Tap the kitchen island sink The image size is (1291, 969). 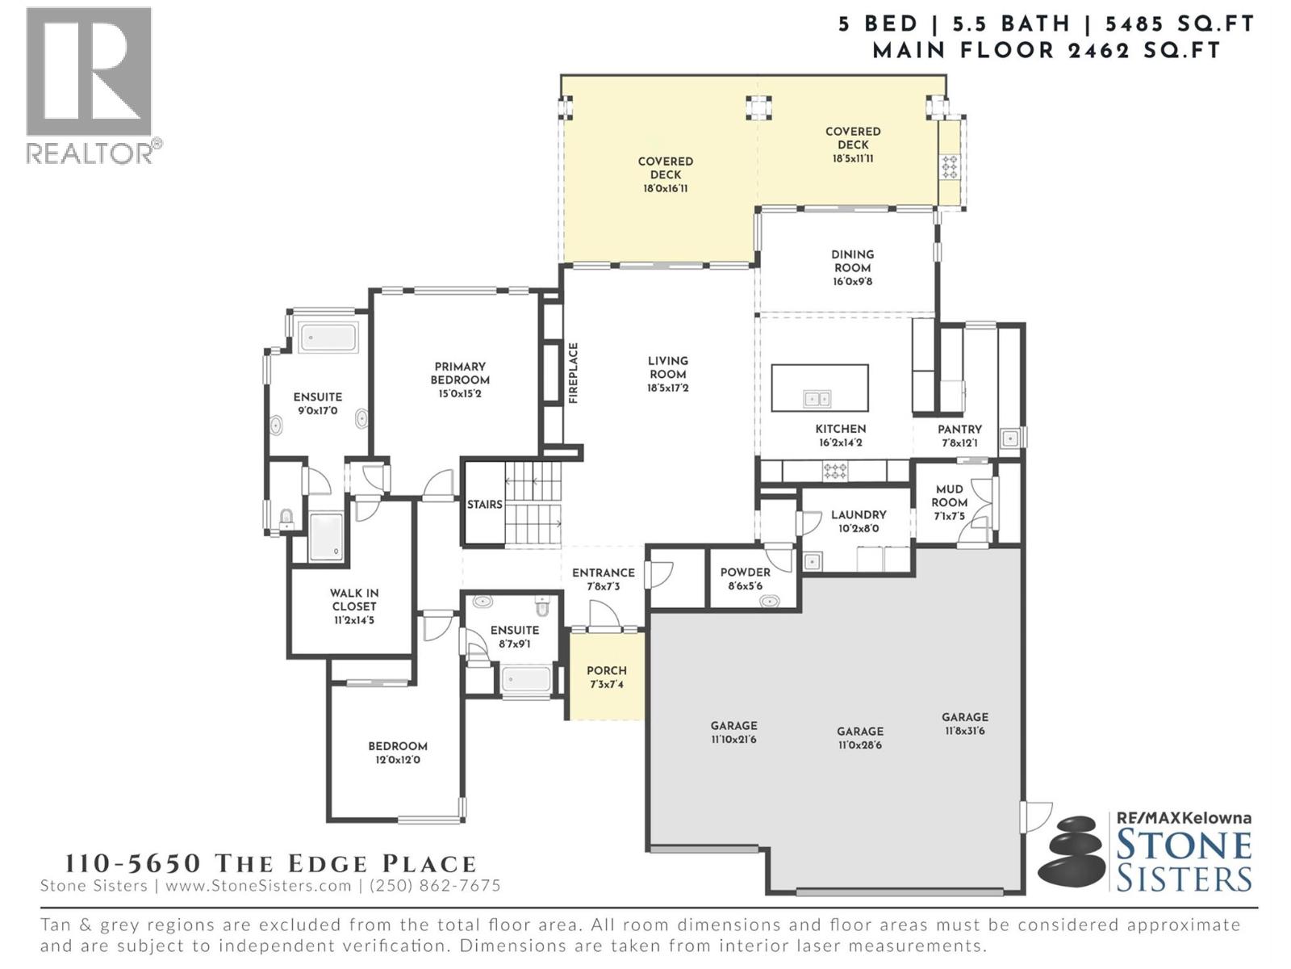[817, 399]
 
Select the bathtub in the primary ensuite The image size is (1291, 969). [328, 338]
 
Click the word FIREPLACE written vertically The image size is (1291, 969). [574, 373]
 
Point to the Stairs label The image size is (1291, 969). [484, 505]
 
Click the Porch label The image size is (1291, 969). [606, 671]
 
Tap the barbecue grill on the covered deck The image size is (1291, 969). [950, 167]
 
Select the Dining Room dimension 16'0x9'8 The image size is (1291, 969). [852, 282]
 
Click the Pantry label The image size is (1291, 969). [959, 430]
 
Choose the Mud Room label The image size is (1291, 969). [949, 495]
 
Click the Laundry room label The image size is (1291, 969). [859, 514]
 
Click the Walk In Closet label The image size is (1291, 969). [353, 599]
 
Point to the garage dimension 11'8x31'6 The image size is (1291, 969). [964, 731]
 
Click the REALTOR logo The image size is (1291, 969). [90, 81]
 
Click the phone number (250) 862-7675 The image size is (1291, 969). [435, 886]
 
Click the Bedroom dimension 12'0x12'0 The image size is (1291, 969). [397, 760]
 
